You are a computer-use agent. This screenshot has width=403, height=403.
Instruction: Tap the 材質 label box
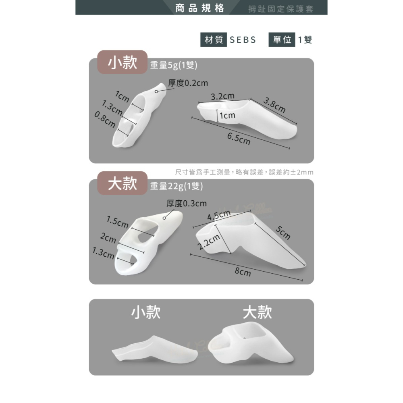(214, 40)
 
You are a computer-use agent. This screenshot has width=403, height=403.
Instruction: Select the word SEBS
(243, 40)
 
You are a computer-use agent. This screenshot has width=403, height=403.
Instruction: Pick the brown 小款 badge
(123, 62)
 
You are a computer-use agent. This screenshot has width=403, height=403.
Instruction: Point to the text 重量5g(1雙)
(173, 65)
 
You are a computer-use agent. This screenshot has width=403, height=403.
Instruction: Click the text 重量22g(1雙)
(176, 186)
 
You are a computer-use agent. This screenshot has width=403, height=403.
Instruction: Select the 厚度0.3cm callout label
(187, 204)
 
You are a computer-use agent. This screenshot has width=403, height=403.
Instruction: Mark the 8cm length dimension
(243, 273)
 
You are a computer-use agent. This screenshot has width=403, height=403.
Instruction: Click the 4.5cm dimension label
(219, 215)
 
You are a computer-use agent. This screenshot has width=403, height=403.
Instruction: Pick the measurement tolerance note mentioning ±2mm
(244, 172)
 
